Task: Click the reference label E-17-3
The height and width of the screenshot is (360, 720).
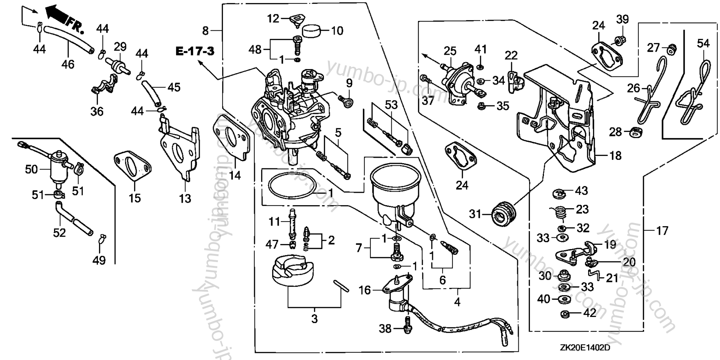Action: click(x=195, y=51)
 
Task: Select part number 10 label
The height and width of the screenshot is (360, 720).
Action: click(x=337, y=31)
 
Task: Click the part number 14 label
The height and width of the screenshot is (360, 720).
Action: click(x=235, y=175)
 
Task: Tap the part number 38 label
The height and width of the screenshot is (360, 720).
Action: click(x=385, y=328)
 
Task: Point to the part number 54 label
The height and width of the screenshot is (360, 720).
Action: click(x=703, y=43)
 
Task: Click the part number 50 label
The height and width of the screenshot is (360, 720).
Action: click(x=31, y=169)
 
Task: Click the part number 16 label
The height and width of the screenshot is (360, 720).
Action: click(x=364, y=290)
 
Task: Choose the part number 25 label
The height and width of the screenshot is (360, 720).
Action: click(x=450, y=51)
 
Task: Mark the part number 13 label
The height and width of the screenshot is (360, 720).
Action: click(x=185, y=198)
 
